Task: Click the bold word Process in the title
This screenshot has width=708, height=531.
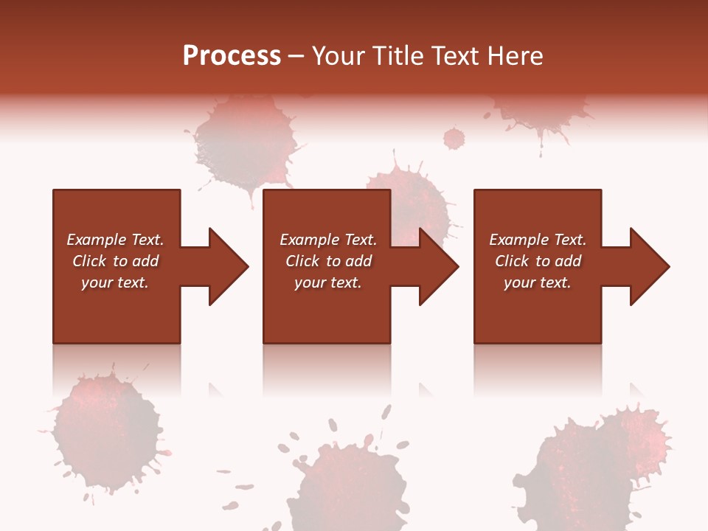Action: click(232, 56)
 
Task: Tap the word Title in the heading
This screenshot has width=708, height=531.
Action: click(399, 56)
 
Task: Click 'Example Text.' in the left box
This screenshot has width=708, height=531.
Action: click(115, 240)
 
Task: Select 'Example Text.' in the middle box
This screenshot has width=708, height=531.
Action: click(328, 240)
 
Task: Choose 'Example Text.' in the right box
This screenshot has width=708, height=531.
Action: click(538, 240)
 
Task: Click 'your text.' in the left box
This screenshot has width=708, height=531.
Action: click(115, 282)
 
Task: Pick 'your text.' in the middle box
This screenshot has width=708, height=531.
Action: click(328, 282)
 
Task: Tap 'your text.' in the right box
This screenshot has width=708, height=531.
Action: click(538, 282)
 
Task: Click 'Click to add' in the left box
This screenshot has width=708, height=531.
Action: click(115, 261)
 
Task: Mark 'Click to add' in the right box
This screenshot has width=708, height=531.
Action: click(538, 261)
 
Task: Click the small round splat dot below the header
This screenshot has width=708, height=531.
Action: click(454, 138)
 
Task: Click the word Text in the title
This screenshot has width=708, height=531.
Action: click(455, 56)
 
